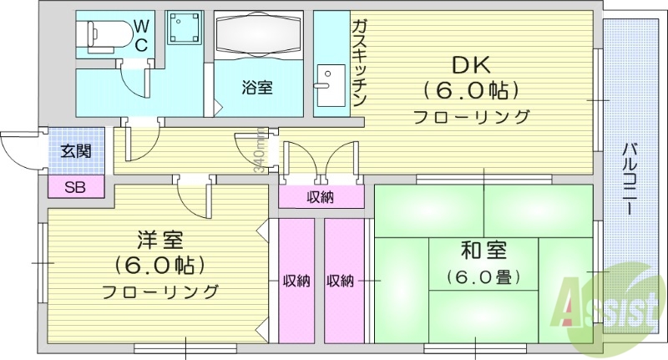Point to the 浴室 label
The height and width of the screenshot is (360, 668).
click(x=256, y=87)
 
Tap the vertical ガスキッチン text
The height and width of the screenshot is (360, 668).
click(x=359, y=63)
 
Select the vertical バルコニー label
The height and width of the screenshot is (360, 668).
click(x=632, y=177)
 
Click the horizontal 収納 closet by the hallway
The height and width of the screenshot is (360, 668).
click(x=321, y=197)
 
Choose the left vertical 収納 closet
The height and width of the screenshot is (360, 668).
click(x=296, y=281)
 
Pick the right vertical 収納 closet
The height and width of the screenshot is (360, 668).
click(x=342, y=281)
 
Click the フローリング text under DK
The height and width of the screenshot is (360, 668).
click(x=472, y=116)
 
